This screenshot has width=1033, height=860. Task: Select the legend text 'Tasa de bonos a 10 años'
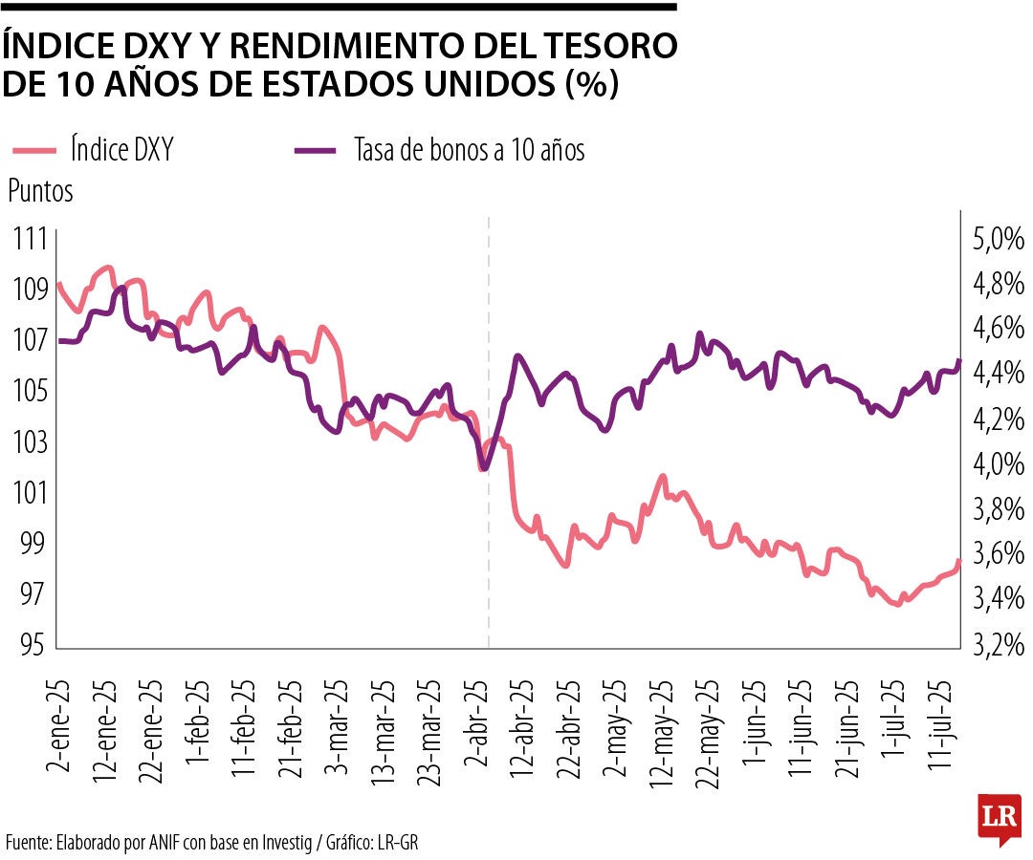point(469,150)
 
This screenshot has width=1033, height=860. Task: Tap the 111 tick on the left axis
point(30,239)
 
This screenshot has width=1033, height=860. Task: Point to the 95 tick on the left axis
point(30,645)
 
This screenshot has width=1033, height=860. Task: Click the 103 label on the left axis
point(30,441)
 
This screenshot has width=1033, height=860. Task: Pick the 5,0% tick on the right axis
point(999,239)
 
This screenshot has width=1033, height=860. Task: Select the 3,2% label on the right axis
point(999,646)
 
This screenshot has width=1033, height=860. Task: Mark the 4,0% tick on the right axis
point(999,464)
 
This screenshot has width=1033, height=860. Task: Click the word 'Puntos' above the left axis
point(40,191)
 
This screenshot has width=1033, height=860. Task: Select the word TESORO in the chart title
point(601,45)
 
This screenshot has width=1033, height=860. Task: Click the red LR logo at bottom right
point(999,817)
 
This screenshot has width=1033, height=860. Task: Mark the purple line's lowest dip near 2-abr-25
point(483,469)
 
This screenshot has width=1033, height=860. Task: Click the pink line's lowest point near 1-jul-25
point(897,604)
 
